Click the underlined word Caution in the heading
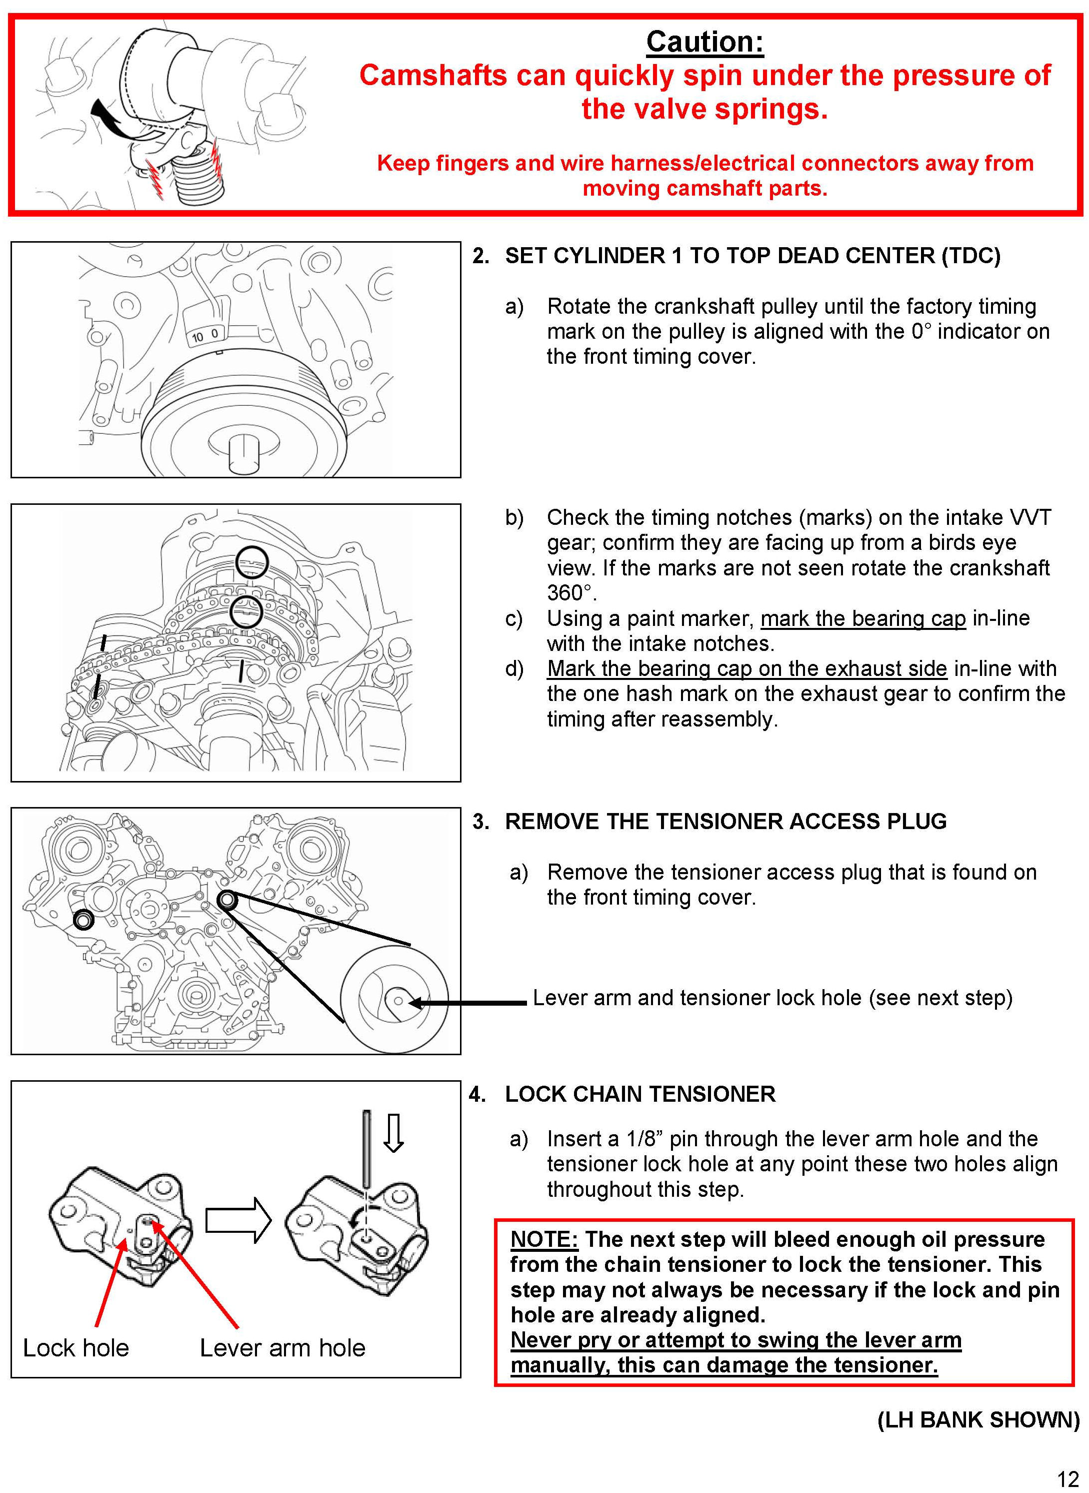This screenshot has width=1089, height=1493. tap(704, 42)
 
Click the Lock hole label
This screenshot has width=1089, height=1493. tap(76, 1348)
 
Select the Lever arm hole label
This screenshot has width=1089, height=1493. tap(282, 1348)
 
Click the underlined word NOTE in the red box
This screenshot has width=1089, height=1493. tap(544, 1239)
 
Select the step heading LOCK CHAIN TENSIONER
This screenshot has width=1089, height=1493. tap(639, 1094)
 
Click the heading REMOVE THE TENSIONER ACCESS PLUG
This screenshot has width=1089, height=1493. tap(725, 821)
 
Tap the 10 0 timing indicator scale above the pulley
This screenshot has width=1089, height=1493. tap(205, 335)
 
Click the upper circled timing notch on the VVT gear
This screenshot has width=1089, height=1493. tap(252, 562)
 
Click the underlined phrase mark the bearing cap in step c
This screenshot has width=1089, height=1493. tap(863, 618)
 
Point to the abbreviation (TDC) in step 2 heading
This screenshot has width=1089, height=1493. tap(970, 255)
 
